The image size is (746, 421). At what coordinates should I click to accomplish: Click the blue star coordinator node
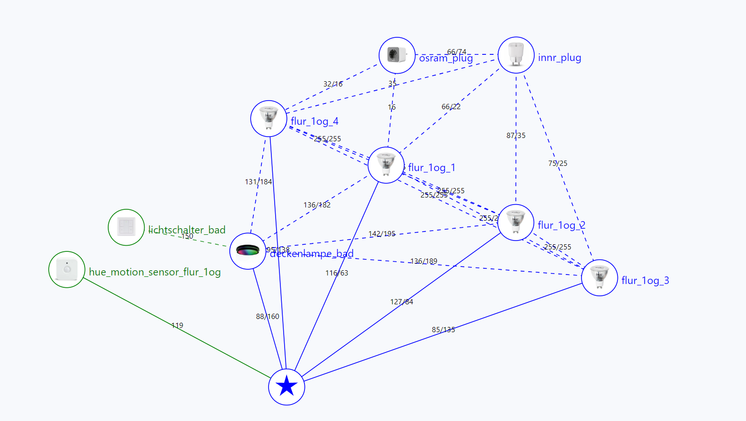[x=286, y=387]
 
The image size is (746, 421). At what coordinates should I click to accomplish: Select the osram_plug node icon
[x=397, y=55]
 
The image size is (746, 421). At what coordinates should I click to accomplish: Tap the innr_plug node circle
[x=516, y=55]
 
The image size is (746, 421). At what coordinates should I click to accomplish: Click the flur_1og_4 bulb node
[x=269, y=119]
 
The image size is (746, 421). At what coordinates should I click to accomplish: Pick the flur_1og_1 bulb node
[x=386, y=165]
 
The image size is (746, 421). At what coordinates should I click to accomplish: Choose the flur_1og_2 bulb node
[x=515, y=223]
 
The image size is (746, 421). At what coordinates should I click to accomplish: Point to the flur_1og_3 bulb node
[x=599, y=278]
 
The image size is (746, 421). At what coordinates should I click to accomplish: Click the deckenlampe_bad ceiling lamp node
[x=248, y=251]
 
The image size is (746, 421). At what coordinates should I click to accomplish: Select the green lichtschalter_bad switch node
[x=126, y=227]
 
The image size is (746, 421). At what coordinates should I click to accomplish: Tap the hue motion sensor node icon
[x=67, y=269]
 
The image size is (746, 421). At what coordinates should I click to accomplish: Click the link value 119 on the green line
[x=177, y=326]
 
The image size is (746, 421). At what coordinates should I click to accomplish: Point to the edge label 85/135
[x=443, y=330]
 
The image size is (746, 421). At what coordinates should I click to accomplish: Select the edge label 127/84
[x=401, y=302]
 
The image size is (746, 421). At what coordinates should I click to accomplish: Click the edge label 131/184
[x=258, y=182]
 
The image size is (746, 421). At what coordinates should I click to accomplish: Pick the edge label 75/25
[x=558, y=163]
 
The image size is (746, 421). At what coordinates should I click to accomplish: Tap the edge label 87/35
[x=516, y=136]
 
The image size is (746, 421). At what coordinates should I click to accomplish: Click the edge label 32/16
[x=333, y=84]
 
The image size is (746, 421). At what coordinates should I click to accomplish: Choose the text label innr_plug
[x=559, y=58]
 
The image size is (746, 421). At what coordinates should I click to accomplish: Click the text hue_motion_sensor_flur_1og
[x=155, y=272]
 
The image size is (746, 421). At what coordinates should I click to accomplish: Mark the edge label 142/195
[x=382, y=234]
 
